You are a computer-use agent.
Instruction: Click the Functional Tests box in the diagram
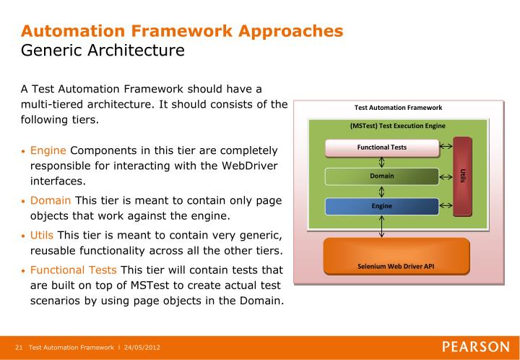(x=381, y=147)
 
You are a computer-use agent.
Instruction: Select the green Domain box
(x=381, y=177)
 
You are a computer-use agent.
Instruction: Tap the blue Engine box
(x=381, y=206)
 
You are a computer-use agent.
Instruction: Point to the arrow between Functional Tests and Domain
(x=381, y=163)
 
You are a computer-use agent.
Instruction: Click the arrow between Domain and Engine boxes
(x=381, y=192)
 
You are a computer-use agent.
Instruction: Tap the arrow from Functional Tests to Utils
(x=446, y=147)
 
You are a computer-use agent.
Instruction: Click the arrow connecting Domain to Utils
(x=446, y=177)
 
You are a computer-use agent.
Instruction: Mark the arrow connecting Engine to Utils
(x=446, y=206)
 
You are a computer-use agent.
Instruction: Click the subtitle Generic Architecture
(x=103, y=51)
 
